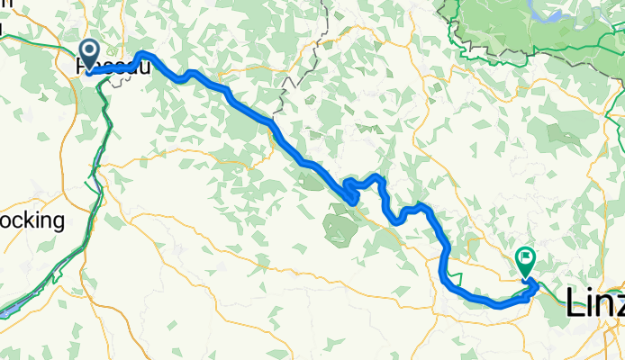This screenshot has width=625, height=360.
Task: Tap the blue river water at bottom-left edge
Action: pyautogui.click(x=7, y=310)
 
